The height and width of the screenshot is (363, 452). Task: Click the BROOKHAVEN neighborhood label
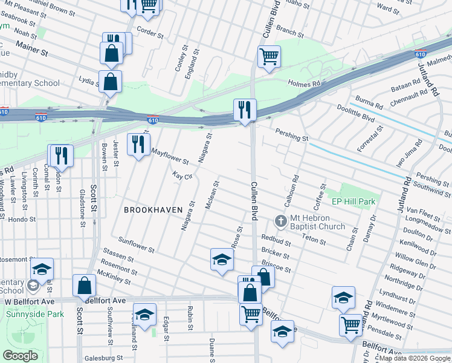[x=149, y=209]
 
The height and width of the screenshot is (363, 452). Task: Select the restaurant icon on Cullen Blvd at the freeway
[x=245, y=110]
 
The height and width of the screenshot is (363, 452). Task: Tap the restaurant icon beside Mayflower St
[x=139, y=145]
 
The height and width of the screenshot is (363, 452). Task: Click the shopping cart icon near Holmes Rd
[x=269, y=57]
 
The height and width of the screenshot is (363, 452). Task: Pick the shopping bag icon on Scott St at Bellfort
[x=85, y=286]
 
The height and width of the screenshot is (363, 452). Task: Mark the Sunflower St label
[x=137, y=244]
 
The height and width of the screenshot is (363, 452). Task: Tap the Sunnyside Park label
[x=35, y=314]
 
